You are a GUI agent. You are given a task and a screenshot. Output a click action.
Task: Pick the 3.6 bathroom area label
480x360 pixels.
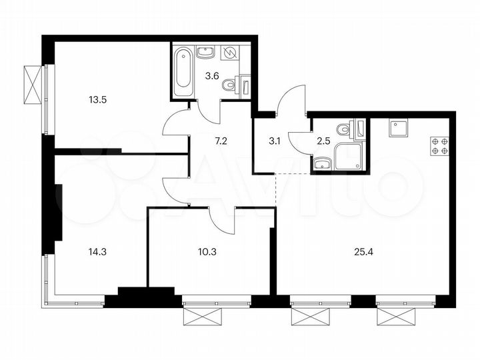tap(212, 75)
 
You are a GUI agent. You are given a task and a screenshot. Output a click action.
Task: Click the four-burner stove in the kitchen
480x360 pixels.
tap(439, 145)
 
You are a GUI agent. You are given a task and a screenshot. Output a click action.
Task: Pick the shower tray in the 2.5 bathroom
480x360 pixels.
tap(349, 156)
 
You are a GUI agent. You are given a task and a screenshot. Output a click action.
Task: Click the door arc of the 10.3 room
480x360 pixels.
tap(223, 220)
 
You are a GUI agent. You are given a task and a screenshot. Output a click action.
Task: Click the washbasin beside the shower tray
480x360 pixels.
tap(322, 162)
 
